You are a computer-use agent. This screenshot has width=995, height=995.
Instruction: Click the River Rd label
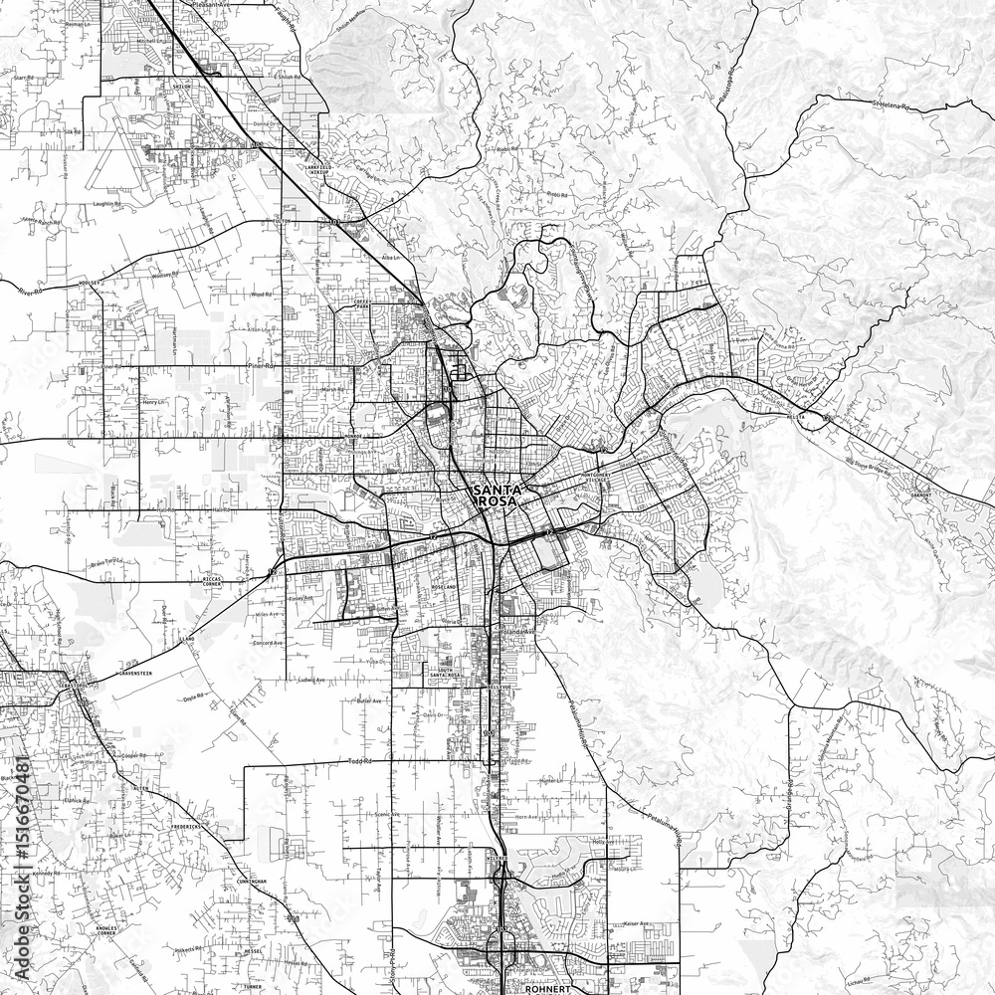pos(33,291)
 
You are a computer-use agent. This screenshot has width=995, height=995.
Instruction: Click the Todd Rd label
pos(360,762)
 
